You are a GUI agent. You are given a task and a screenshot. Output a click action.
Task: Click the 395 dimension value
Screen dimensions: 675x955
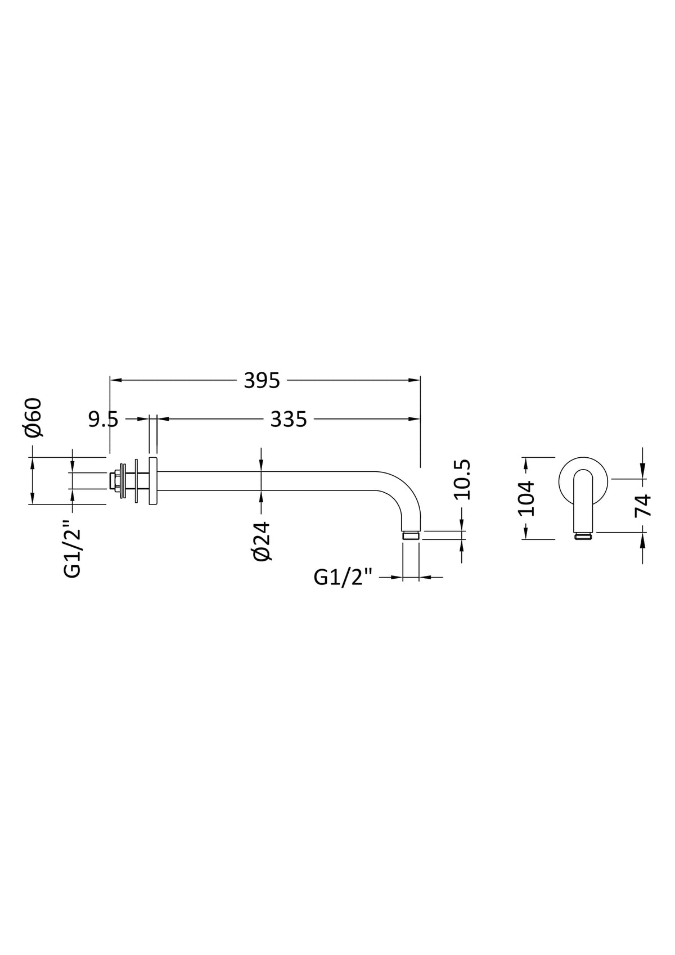pyautogui.click(x=262, y=380)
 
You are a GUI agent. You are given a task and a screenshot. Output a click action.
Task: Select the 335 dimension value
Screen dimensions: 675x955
pyautogui.click(x=288, y=420)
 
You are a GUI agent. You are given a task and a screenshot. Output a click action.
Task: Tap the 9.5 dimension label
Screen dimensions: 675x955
pyautogui.click(x=103, y=420)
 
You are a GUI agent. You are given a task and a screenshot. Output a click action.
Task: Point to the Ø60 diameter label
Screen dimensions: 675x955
pyautogui.click(x=33, y=417)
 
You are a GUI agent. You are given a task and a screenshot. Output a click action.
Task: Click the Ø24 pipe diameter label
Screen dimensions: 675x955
pyautogui.click(x=262, y=541)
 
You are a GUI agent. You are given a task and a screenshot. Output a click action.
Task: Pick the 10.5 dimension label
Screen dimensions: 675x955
pyautogui.click(x=462, y=479)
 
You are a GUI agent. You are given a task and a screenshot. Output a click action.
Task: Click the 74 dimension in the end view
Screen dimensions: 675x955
pyautogui.click(x=642, y=505)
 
